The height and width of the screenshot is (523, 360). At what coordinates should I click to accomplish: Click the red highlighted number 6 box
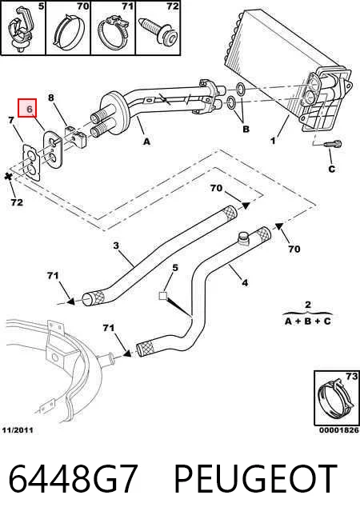27,108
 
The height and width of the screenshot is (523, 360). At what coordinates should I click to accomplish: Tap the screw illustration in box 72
159,31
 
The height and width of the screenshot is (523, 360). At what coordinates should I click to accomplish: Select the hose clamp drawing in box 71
113,31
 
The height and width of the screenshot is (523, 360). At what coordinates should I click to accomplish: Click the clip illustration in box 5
19,30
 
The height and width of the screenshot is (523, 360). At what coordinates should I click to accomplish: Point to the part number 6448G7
73,479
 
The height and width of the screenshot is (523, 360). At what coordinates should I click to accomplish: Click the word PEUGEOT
255,479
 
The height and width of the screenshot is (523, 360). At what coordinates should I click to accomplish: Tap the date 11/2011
18,430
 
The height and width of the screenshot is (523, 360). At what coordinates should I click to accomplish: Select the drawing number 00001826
339,430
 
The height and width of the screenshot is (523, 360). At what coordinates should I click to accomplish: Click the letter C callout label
331,169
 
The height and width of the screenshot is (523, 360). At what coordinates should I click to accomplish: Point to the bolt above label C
333,145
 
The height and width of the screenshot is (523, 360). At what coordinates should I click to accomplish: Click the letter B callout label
246,129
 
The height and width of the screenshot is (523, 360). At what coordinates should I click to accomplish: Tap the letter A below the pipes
147,142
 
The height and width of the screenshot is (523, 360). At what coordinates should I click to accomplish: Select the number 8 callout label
50,98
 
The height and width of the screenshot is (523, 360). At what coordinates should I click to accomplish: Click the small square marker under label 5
163,296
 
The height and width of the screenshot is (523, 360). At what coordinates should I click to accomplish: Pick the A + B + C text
308,321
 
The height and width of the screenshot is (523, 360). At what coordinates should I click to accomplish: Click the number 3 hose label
116,246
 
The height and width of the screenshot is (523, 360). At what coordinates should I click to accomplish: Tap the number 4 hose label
245,283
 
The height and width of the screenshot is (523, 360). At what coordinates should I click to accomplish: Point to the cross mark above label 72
8,177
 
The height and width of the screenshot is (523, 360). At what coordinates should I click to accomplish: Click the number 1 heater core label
273,141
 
